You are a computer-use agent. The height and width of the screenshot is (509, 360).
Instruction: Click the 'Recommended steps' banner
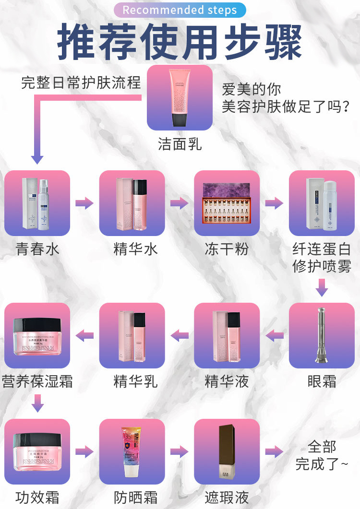pyautogui.click(x=180, y=10)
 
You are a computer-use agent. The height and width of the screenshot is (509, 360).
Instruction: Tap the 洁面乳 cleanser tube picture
pyautogui.click(x=180, y=94)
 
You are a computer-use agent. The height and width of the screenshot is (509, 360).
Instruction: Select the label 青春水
pyautogui.click(x=37, y=249)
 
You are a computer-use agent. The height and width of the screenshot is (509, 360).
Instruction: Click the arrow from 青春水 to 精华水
pyautogui.click(x=84, y=203)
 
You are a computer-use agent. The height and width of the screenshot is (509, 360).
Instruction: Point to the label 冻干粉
pyautogui.click(x=227, y=249)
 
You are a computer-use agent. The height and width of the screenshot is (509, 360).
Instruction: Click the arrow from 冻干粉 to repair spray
pyautogui.click(x=274, y=203)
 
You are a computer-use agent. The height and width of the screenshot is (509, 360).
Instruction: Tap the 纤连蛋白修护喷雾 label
pyautogui.click(x=322, y=258)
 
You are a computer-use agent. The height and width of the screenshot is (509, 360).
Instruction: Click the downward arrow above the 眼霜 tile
pyautogui.click(x=322, y=289)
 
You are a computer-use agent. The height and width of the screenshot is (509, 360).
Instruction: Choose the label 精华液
pyautogui.click(x=227, y=382)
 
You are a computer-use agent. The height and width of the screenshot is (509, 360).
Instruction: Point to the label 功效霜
pyautogui.click(x=37, y=497)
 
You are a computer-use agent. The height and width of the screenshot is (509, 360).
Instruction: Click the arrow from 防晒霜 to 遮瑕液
pyautogui.click(x=180, y=451)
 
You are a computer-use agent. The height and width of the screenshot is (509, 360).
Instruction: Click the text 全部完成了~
pyautogui.click(x=322, y=455)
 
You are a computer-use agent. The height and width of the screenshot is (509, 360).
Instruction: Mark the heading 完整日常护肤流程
pyautogui.click(x=81, y=83)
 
